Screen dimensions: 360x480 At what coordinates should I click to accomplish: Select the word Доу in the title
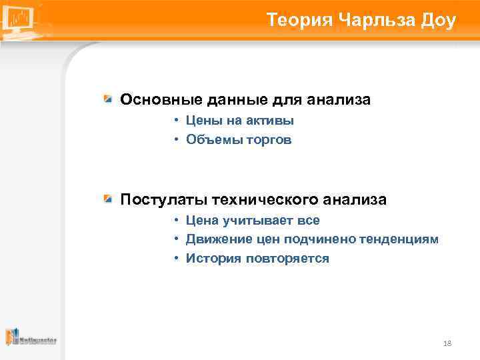click(x=439, y=20)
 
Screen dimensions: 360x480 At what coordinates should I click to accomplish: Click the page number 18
click(x=447, y=343)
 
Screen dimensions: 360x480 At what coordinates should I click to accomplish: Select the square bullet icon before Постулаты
click(x=109, y=199)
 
